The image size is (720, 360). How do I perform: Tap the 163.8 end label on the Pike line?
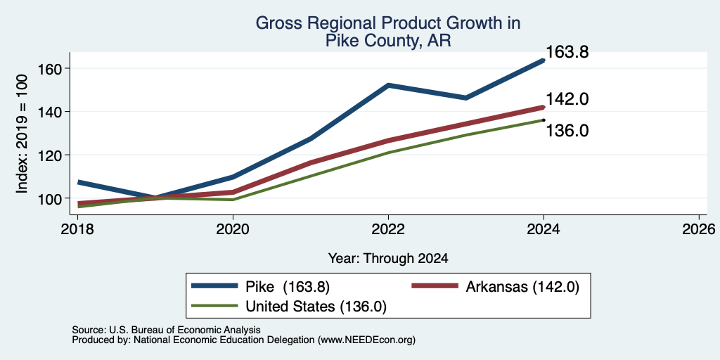coord(567,52)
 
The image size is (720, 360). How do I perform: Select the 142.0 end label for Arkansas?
coord(567,99)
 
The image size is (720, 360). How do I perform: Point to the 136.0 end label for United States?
coord(567,131)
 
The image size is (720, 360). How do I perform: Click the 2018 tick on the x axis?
coord(77,229)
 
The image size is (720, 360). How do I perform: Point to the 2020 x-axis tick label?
coord(233,229)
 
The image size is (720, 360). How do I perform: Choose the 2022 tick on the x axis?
coord(388,229)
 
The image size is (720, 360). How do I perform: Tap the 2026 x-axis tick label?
coord(700,229)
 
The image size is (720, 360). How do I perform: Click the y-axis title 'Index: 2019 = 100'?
coord(22,133)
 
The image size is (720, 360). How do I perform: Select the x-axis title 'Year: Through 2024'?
coord(388,259)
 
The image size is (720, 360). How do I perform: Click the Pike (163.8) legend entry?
coord(261,287)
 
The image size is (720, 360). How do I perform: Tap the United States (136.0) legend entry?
coord(289,307)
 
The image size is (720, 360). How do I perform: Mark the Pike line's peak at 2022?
coord(388,85)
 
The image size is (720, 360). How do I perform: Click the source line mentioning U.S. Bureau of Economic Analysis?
coord(166,330)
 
